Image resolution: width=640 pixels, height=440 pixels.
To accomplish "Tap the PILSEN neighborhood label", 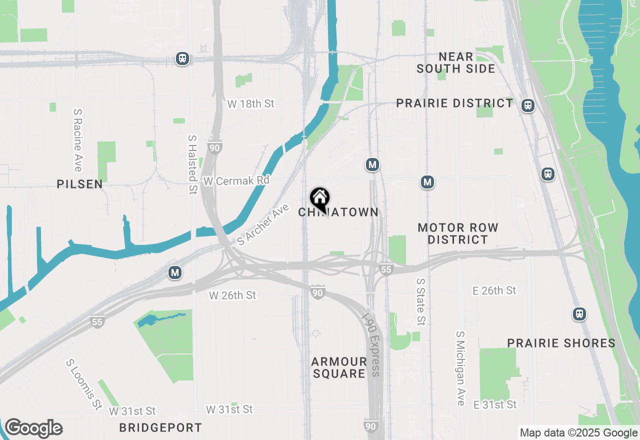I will coord(80,184).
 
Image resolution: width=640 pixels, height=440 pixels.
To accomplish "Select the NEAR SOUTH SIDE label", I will coord(456,62).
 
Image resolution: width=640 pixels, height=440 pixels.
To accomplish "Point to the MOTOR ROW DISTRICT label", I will coord(458,233).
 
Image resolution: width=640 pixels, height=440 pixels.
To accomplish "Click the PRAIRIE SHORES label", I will coord(561,343).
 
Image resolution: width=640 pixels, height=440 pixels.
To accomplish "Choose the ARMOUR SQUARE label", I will coord(339,367).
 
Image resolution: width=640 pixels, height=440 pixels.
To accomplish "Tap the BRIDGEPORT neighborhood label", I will coord(160,427).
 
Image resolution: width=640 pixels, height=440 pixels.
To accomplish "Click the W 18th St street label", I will coord(251,104).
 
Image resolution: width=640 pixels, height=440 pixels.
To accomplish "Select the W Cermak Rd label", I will coord(236,180).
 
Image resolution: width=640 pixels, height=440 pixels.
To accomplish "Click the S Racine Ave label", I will coord(77,140).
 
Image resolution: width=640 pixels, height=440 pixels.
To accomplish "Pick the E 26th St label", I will coord(494,290).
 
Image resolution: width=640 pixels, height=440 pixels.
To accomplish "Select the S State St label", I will coord(421,301).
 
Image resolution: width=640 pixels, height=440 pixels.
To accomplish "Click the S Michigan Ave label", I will coord(460,368).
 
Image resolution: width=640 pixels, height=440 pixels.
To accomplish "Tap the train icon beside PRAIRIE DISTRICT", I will coord(527,105).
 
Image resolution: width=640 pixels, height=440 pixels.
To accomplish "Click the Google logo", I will coord(33,428).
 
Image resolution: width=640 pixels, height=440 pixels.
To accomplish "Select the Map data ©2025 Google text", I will coord(578,433).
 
